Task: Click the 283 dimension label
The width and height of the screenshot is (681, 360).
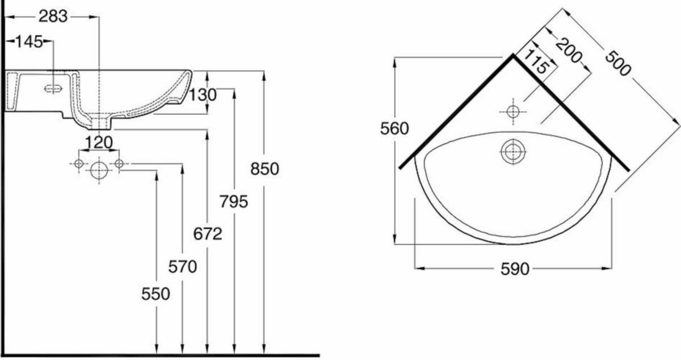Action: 53,17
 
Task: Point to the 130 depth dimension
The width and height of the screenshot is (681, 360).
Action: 203,95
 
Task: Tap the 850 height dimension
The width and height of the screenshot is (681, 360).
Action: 264,169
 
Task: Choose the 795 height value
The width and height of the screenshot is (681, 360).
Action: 234,201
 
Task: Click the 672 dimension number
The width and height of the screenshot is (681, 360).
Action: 207,233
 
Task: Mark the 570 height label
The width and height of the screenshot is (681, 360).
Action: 182,266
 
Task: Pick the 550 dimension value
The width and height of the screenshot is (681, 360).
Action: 155,294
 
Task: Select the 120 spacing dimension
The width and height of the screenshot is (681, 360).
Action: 99,142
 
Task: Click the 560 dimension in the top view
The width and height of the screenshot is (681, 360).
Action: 394,129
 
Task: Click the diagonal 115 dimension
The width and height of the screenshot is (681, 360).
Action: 536,62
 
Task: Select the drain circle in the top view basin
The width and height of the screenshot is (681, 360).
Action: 513,152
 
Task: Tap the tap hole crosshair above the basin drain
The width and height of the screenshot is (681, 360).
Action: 513,111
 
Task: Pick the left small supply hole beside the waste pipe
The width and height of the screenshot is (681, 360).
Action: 79,164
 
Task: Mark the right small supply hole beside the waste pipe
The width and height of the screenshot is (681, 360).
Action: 119,164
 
